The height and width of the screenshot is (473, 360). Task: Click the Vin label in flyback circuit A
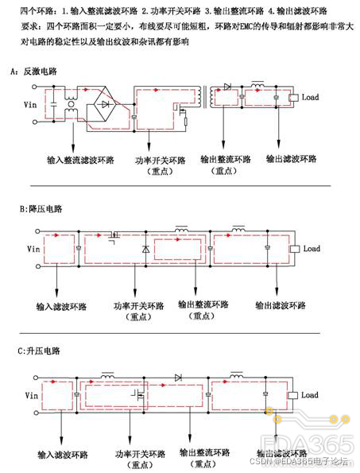[x=29, y=103]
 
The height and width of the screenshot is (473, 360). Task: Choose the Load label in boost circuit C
[x=308, y=395]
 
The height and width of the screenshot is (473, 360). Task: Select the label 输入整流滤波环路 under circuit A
[x=80, y=160]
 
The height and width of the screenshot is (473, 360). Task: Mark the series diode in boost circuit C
[x=179, y=376]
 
